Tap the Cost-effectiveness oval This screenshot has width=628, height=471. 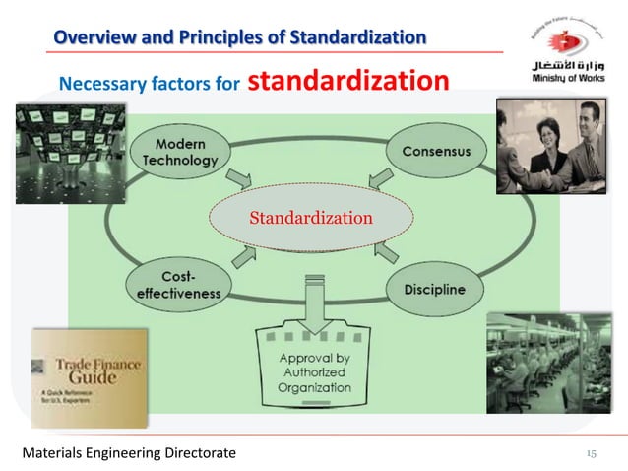pos(177,285)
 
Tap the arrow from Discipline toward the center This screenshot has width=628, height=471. pos(386,251)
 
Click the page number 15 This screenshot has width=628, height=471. pos(591,452)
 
